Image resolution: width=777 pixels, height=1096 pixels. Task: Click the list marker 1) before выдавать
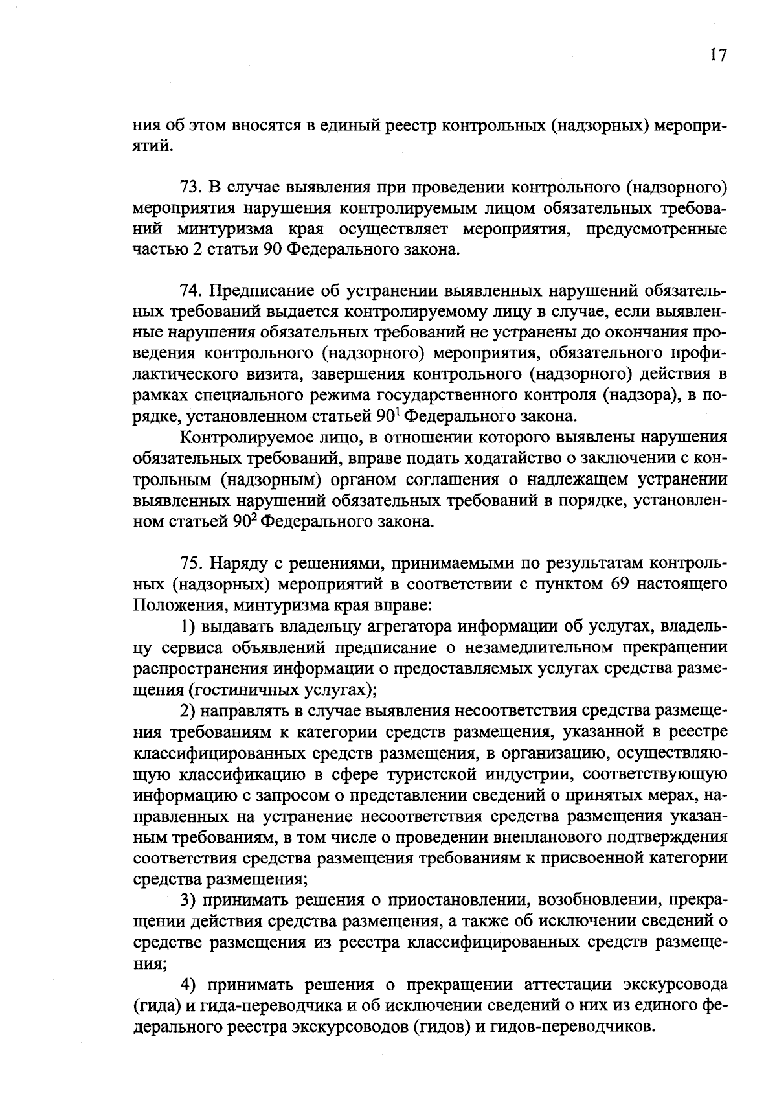point(188,626)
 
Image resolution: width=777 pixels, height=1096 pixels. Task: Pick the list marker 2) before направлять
point(188,711)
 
